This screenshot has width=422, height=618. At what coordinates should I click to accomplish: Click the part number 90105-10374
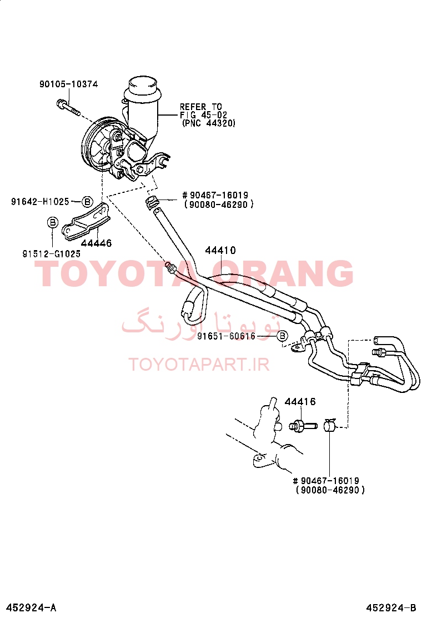click(68, 84)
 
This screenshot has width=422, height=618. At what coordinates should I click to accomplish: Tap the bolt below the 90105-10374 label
click(68, 107)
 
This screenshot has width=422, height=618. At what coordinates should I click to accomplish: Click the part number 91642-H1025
click(40, 202)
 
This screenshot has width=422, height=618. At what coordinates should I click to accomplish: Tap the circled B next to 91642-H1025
click(87, 202)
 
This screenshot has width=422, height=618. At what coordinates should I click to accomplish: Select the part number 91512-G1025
click(51, 254)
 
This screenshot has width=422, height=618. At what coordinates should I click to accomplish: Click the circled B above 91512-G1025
click(52, 222)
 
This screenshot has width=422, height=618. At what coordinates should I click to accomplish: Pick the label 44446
click(97, 243)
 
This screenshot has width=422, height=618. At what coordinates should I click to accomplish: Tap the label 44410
click(220, 250)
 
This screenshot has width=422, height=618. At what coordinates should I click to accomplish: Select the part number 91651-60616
click(227, 336)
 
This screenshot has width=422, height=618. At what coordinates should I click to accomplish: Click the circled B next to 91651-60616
click(282, 336)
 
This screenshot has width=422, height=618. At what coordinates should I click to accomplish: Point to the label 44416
click(300, 402)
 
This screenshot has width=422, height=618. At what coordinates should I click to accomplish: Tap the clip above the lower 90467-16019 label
click(329, 425)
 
